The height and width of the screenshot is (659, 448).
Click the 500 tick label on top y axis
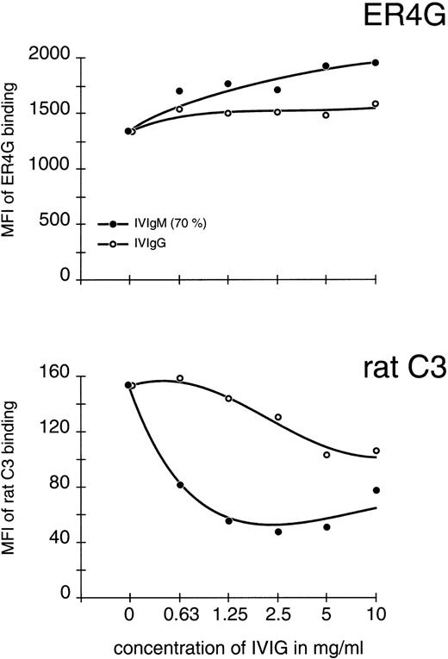pos(53,224)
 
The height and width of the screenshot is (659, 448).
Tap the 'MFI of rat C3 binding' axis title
pos(11,487)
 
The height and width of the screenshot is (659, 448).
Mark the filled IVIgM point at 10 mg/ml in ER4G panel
pos(376,63)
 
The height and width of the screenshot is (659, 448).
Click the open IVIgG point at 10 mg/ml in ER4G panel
pos(376,104)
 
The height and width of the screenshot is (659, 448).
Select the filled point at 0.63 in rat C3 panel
pos(179,485)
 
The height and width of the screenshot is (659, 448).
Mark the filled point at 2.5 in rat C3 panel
pos(278,532)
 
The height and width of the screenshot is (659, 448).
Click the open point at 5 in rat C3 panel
pos(327,455)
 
